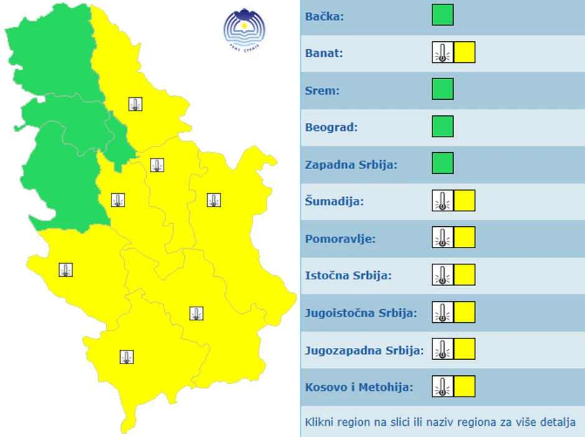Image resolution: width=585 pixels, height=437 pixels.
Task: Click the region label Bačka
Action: pos(324,16)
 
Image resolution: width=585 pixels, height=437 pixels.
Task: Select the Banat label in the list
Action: pos(324,53)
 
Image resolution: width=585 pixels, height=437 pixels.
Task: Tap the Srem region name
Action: pos(322,90)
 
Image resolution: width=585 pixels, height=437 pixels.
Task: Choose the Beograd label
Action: pos(331,127)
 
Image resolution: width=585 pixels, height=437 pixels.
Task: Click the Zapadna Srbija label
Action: pos(351,165)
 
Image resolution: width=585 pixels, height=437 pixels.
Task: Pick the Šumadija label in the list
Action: pos(334,202)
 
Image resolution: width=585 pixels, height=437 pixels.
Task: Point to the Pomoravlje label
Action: pos(340,239)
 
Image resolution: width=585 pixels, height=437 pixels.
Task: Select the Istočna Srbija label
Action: pos(348,276)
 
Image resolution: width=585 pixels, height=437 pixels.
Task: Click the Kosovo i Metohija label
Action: pos(359,387)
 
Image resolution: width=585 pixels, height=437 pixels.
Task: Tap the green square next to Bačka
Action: pos(442,15)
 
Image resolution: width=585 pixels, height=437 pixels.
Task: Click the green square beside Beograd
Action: pos(442,127)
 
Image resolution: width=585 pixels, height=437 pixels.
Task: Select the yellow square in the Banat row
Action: pos(464,52)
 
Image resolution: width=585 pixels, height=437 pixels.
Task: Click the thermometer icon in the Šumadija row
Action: pos(442,201)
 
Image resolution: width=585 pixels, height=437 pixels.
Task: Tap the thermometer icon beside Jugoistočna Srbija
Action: pos(442,312)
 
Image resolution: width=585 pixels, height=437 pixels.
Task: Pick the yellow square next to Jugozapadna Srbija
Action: pos(464,349)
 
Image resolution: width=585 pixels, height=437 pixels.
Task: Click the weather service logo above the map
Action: pos(244,28)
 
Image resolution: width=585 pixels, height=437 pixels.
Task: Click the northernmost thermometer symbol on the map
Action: pos(136,104)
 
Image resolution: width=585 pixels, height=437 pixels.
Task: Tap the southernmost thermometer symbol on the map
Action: pos(127,357)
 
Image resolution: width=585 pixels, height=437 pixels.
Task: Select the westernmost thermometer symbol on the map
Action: pos(65,270)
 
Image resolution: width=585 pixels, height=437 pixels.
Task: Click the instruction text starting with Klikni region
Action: pos(440,422)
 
